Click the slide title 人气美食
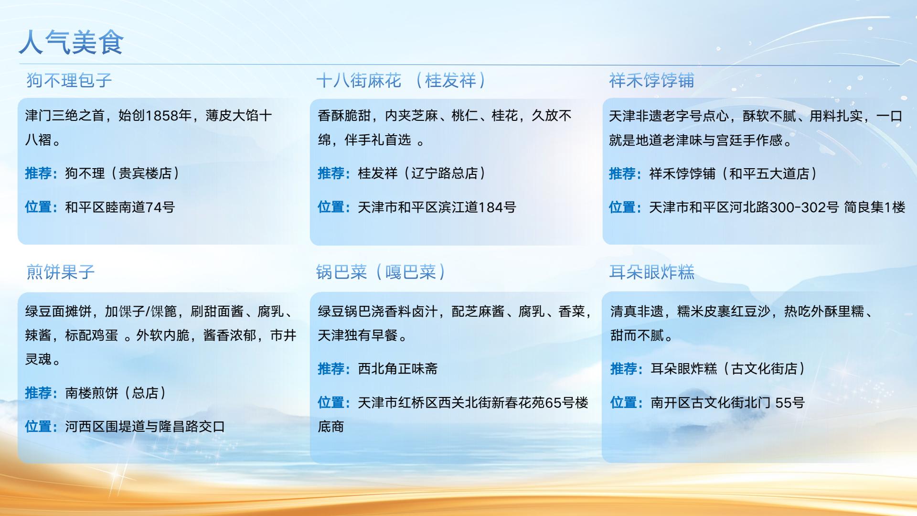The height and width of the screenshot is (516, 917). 71,42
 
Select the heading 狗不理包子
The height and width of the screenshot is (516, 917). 69,80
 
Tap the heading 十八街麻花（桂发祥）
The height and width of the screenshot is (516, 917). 401,80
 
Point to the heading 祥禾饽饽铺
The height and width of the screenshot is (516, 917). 651,80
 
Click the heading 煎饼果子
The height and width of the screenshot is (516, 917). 61,272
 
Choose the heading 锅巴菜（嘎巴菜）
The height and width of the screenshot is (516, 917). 381,272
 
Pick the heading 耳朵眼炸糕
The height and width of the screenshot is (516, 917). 651,272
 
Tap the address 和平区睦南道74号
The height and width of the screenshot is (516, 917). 120,207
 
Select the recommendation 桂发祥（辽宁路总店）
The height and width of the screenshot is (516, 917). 422,173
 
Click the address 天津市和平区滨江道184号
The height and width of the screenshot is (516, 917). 437,207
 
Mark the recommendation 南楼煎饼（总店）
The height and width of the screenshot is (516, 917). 116,393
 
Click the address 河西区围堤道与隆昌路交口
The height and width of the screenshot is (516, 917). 145,427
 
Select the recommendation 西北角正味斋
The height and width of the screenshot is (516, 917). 398,369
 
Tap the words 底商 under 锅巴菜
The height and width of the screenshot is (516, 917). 331,427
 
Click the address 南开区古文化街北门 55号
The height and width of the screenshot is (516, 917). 728,403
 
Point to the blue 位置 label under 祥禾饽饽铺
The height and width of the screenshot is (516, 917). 622,207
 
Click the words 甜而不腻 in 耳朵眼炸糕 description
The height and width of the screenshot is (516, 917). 637,335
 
